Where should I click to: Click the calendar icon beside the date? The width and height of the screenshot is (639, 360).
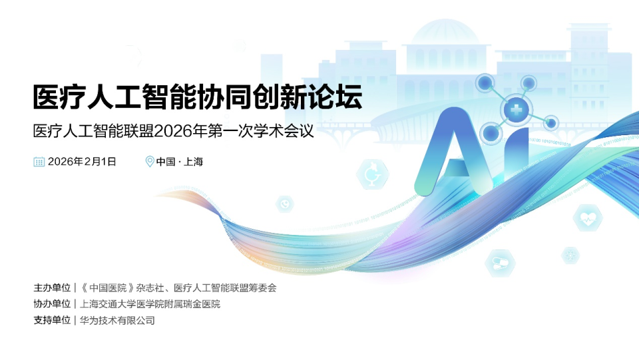(39, 161)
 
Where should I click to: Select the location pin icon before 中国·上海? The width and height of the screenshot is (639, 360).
(150, 161)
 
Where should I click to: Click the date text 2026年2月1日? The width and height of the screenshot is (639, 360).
(82, 161)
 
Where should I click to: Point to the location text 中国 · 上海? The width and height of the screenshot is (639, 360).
(179, 161)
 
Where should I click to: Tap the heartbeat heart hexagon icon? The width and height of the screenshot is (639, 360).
(587, 218)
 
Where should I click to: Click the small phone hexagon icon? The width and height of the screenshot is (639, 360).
(285, 204)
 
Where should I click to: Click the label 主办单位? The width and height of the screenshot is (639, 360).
(52, 288)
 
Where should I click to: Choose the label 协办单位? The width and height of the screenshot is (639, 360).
(52, 304)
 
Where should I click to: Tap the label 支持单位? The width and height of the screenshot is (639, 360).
(52, 320)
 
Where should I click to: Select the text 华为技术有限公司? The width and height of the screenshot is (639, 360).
(117, 320)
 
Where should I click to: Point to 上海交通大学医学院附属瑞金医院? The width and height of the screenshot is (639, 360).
(150, 304)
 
